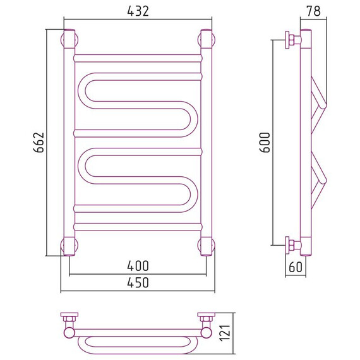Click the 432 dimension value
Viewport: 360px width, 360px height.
[x=138, y=11]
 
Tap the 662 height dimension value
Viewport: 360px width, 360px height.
[x=39, y=142]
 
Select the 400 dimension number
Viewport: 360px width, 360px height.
[x=138, y=266]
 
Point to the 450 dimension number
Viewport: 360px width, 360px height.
[x=138, y=282]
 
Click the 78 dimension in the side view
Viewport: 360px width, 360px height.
[x=313, y=11]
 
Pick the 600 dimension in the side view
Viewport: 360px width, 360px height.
[x=265, y=142]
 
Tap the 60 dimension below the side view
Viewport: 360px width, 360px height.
[x=296, y=267]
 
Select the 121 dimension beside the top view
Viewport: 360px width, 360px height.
[x=225, y=333]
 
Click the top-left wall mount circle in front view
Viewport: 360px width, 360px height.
[x=69, y=40]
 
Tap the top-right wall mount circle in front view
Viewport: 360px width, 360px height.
[x=207, y=40]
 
